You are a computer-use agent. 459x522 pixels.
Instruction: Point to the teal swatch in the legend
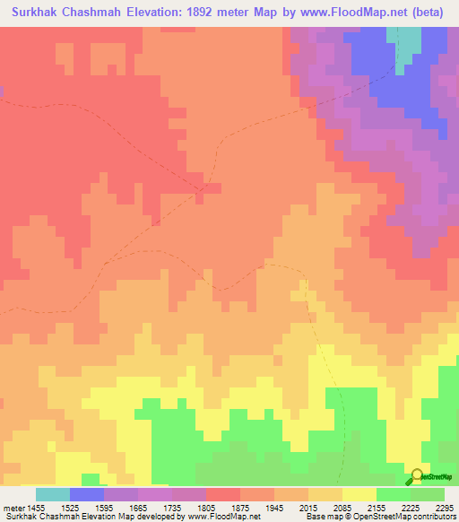tap(53, 494)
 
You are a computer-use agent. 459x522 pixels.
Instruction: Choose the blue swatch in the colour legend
tap(87, 494)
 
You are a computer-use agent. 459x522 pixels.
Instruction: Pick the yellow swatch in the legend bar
tap(359, 494)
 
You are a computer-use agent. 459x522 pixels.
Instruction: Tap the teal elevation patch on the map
tap(409, 40)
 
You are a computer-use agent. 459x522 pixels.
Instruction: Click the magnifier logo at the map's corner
tap(418, 477)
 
